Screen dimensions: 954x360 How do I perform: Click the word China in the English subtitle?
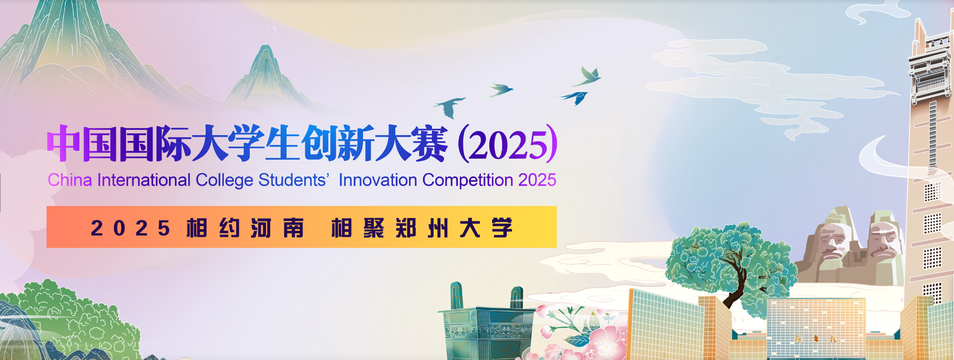70,180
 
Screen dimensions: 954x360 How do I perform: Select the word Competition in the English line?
468,180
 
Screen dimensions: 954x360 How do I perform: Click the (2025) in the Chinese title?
508,143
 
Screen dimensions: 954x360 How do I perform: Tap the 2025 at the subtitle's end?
537,180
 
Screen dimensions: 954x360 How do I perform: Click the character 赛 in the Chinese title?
429,143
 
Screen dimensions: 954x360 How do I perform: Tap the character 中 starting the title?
64,143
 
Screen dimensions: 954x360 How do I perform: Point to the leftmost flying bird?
449,107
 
